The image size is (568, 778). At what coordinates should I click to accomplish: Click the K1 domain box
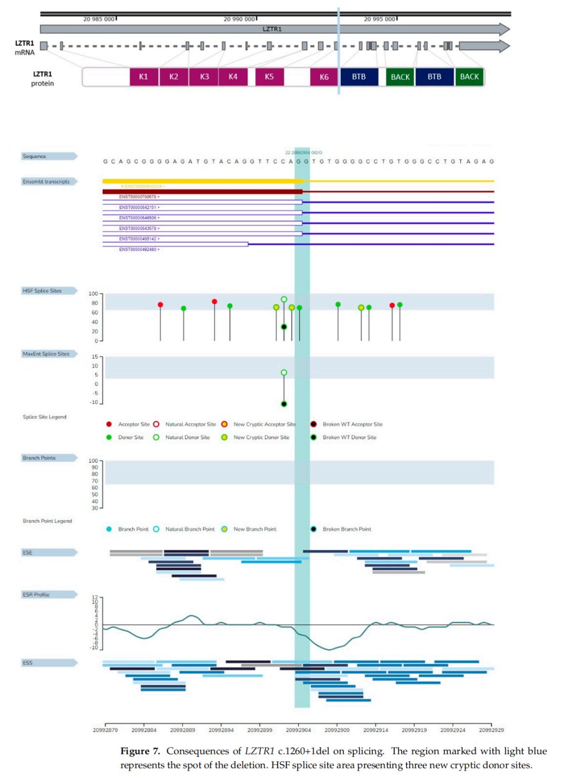coord(144,77)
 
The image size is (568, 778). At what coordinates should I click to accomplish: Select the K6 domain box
coord(324,77)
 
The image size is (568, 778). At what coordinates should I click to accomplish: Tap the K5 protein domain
coord(269,77)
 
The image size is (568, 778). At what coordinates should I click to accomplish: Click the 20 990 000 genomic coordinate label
coord(239,19)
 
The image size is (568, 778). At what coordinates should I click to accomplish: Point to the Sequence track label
coord(34,156)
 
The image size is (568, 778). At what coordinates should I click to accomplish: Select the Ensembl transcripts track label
coord(46,182)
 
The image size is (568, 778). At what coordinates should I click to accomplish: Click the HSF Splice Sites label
coord(42,291)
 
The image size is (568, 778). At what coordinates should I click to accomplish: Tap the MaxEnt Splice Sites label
coord(46,354)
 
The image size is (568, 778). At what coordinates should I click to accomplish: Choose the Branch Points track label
coord(39,458)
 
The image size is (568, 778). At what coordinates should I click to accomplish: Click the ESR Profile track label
coord(36,594)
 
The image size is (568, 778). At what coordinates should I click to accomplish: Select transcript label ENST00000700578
coord(138,197)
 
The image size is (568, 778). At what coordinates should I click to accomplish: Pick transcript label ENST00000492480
coord(138,250)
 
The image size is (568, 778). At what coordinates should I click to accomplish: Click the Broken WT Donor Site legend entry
coord(349,437)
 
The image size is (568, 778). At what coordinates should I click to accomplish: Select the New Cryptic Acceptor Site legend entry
coord(264,424)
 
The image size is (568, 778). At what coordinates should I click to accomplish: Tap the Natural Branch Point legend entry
coord(190,529)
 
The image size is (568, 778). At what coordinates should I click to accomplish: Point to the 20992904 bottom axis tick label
coord(298,730)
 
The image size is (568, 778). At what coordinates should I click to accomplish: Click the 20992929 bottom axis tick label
coord(491,730)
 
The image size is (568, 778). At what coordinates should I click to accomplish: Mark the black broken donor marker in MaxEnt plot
coord(284,404)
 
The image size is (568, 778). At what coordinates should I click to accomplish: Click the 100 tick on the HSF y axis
coord(93,294)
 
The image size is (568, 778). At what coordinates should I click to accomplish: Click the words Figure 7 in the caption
coord(140,751)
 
